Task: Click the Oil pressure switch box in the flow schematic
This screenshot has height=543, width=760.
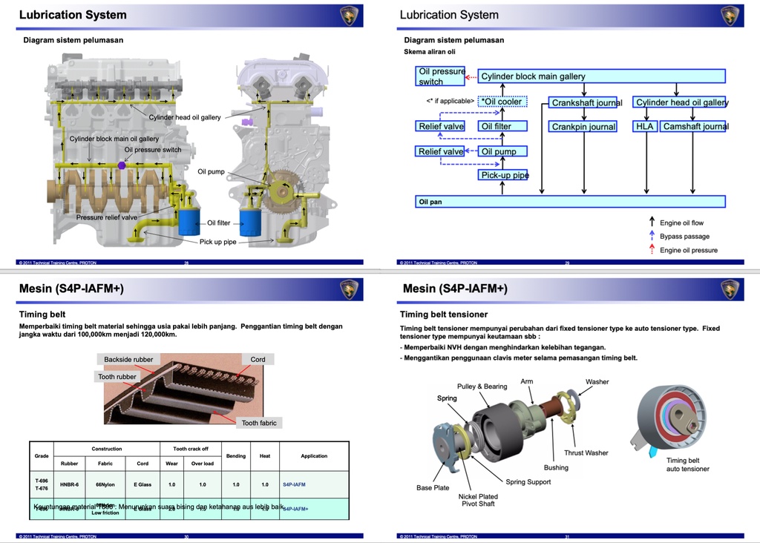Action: (441, 76)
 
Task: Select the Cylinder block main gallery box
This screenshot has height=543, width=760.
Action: (601, 76)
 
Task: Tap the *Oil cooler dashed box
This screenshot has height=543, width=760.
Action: (502, 102)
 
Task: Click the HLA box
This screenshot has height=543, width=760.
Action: (644, 126)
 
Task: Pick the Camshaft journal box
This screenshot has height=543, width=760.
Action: (693, 126)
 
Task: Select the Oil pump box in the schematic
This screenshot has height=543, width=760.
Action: (502, 151)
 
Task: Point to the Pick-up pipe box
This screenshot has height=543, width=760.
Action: (503, 175)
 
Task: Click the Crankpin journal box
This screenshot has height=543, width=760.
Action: (583, 127)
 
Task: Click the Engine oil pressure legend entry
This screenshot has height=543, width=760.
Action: (688, 250)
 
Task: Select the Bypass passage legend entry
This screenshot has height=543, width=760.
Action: (684, 237)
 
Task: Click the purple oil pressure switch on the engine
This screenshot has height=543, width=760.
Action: (120, 165)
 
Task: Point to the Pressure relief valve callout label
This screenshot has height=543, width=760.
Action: (107, 217)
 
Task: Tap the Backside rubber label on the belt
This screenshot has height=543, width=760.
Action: (128, 359)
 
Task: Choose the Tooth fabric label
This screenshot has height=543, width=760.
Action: (259, 423)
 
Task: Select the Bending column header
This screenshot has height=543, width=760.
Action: (236, 455)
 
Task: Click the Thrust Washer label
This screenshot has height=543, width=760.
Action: (586, 452)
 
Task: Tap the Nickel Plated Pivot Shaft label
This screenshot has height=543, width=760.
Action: (478, 500)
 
